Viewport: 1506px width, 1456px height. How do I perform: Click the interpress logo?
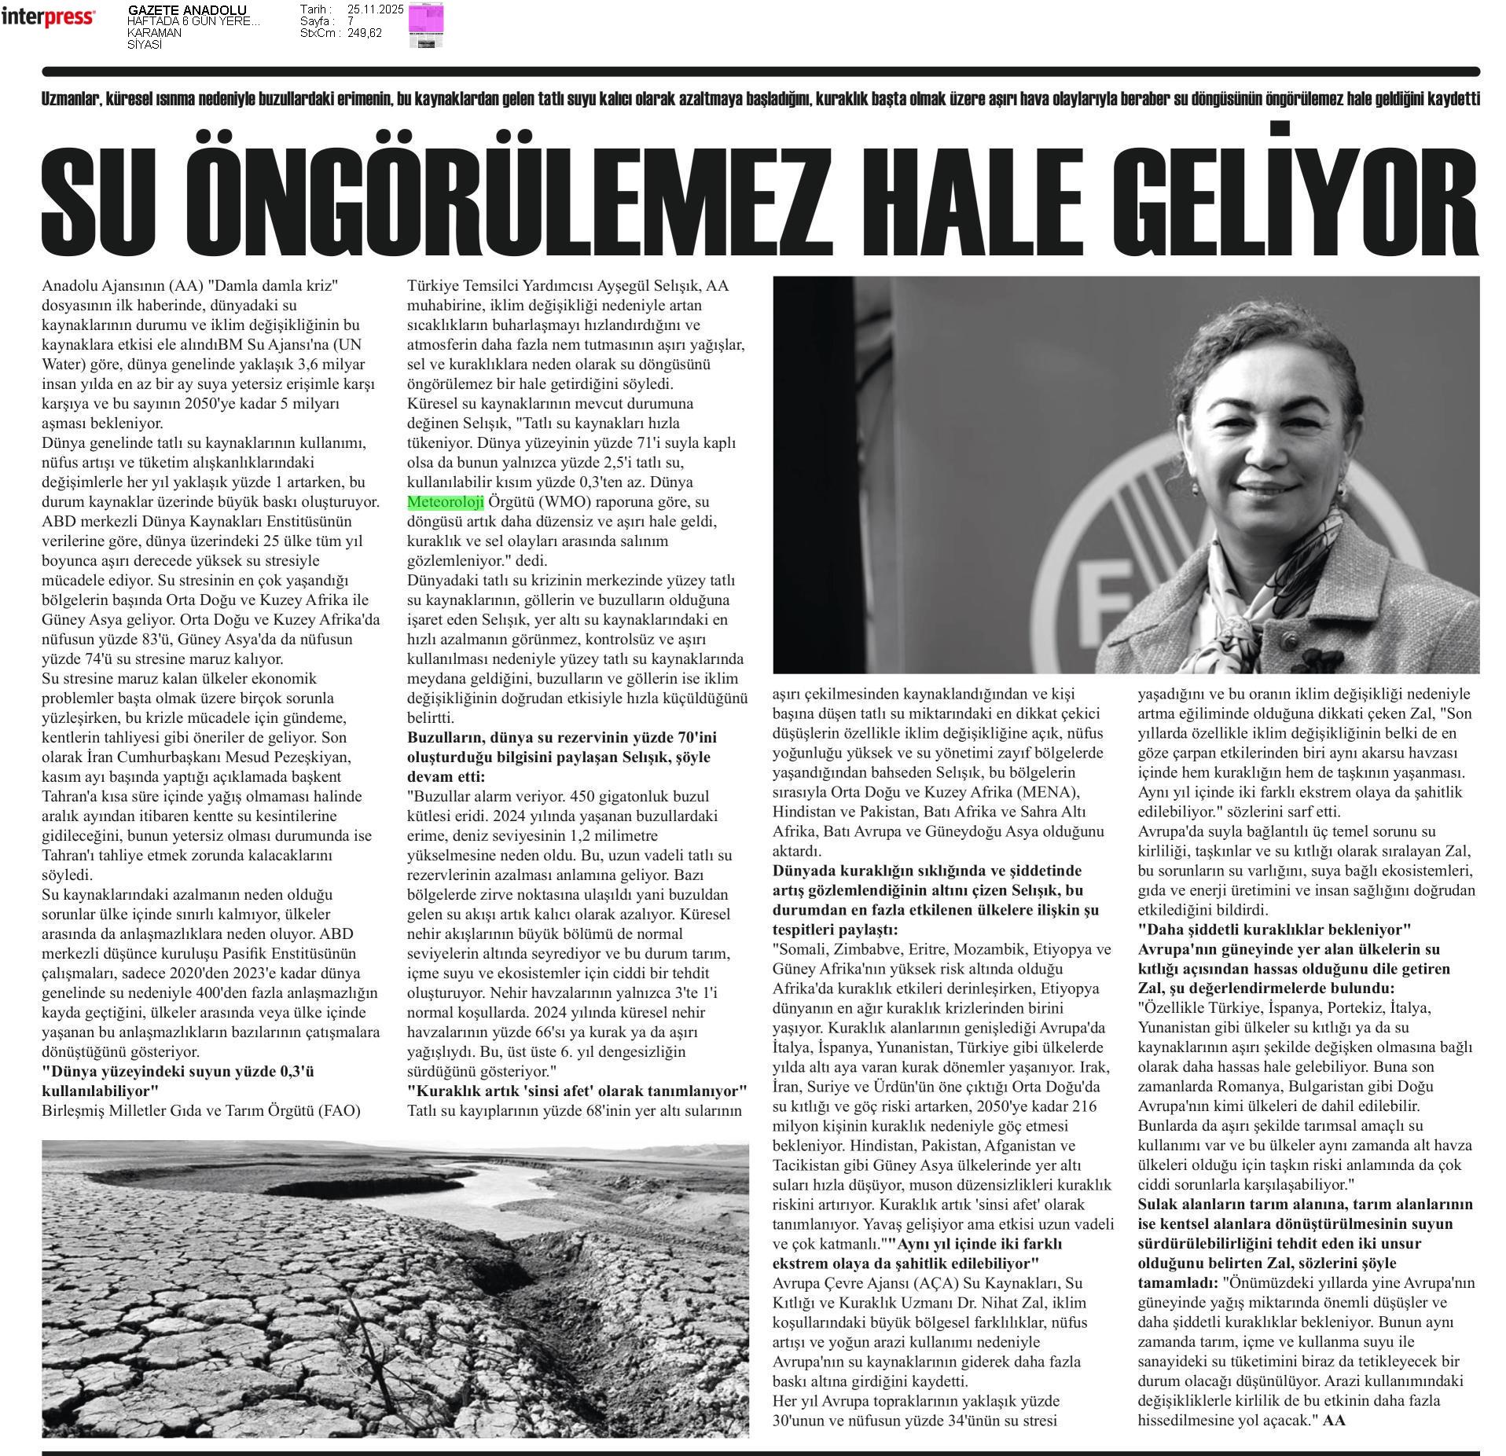[x=48, y=17]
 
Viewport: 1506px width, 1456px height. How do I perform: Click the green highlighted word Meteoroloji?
[x=445, y=502]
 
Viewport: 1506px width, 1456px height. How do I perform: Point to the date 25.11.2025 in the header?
[x=375, y=9]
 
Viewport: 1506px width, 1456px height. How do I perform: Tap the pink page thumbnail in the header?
[x=425, y=20]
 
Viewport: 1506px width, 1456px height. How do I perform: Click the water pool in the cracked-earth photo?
[x=440, y=1191]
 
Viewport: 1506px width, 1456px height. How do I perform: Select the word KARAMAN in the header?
[x=154, y=33]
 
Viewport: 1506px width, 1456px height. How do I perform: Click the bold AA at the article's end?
[x=1334, y=1420]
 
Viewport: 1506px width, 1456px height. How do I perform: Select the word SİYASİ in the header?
[x=145, y=45]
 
